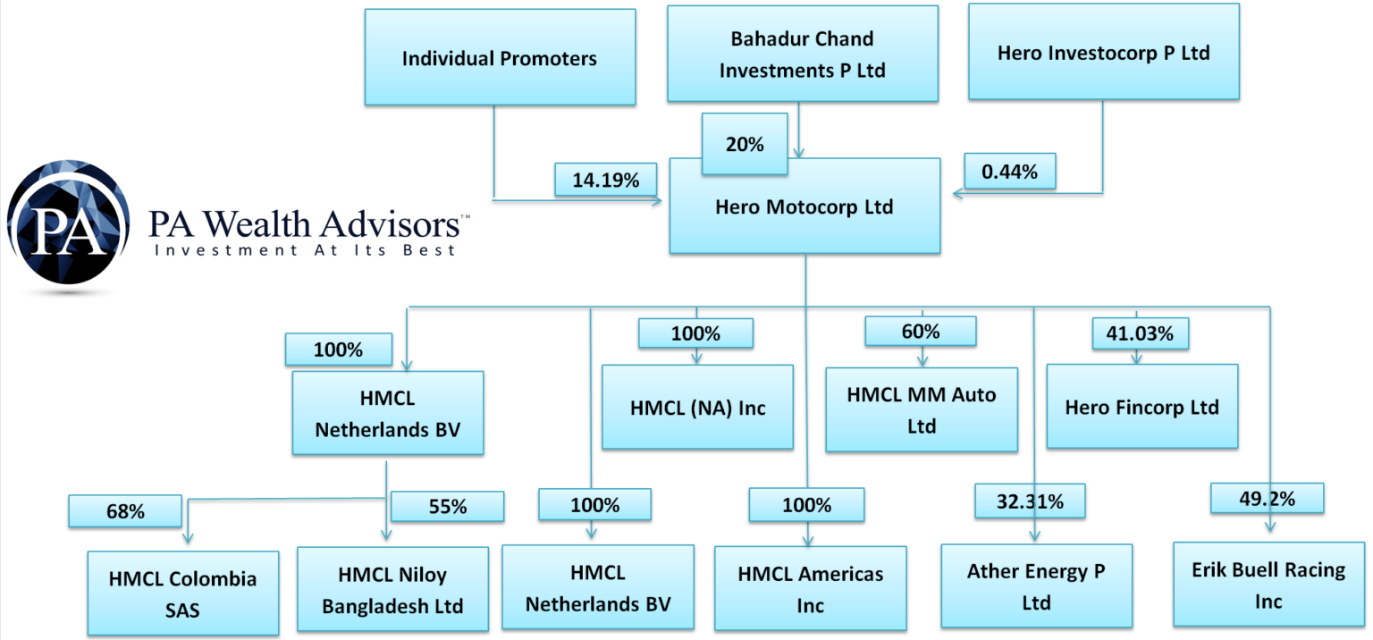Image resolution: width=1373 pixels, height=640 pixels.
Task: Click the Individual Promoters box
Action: pyautogui.click(x=500, y=58)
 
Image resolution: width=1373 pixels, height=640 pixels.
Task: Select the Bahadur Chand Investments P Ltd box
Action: pyautogui.click(x=802, y=54)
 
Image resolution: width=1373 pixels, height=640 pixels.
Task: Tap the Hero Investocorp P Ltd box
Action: pyautogui.click(x=1103, y=52)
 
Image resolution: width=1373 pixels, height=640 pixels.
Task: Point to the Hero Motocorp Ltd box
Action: pyautogui.click(x=804, y=206)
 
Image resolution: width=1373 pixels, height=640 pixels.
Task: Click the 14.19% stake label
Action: pyautogui.click(x=605, y=180)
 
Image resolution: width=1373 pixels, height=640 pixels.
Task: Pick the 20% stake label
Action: pyautogui.click(x=744, y=143)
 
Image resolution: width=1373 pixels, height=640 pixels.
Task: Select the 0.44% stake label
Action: pyautogui.click(x=1009, y=172)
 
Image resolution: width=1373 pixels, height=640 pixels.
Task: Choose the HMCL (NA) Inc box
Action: pyautogui.click(x=697, y=407)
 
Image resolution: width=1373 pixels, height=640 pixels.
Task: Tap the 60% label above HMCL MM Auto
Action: pyautogui.click(x=921, y=332)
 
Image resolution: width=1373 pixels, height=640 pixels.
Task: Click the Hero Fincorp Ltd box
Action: pyautogui.click(x=1141, y=407)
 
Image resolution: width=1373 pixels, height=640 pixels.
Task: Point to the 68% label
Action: pyautogui.click(x=124, y=511)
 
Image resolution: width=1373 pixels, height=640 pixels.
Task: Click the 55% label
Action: pyautogui.click(x=447, y=506)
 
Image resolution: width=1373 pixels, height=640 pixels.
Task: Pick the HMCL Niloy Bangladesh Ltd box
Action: pyautogui.click(x=392, y=591)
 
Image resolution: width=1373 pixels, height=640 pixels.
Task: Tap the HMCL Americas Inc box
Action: pyautogui.click(x=810, y=589)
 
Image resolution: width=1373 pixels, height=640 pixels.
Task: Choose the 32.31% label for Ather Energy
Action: pyautogui.click(x=1030, y=501)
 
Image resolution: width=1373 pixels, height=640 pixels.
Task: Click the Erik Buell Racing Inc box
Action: pyautogui.click(x=1268, y=584)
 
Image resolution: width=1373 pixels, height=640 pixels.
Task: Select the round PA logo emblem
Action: pyautogui.click(x=68, y=222)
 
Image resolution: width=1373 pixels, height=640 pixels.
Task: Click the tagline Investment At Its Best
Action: pyautogui.click(x=305, y=250)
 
